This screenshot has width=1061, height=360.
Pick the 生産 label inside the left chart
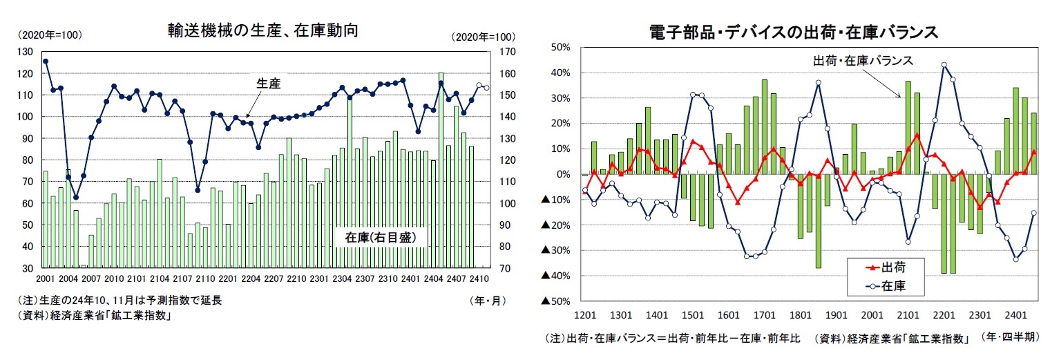coord(268,83)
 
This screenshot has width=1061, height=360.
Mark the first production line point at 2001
coord(46,61)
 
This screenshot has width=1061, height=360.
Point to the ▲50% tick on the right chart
coord(555,301)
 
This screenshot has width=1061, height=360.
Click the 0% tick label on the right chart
coord(562,174)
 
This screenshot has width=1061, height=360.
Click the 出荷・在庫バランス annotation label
coord(863,61)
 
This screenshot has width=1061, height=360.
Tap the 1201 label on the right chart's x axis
coord(584,314)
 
